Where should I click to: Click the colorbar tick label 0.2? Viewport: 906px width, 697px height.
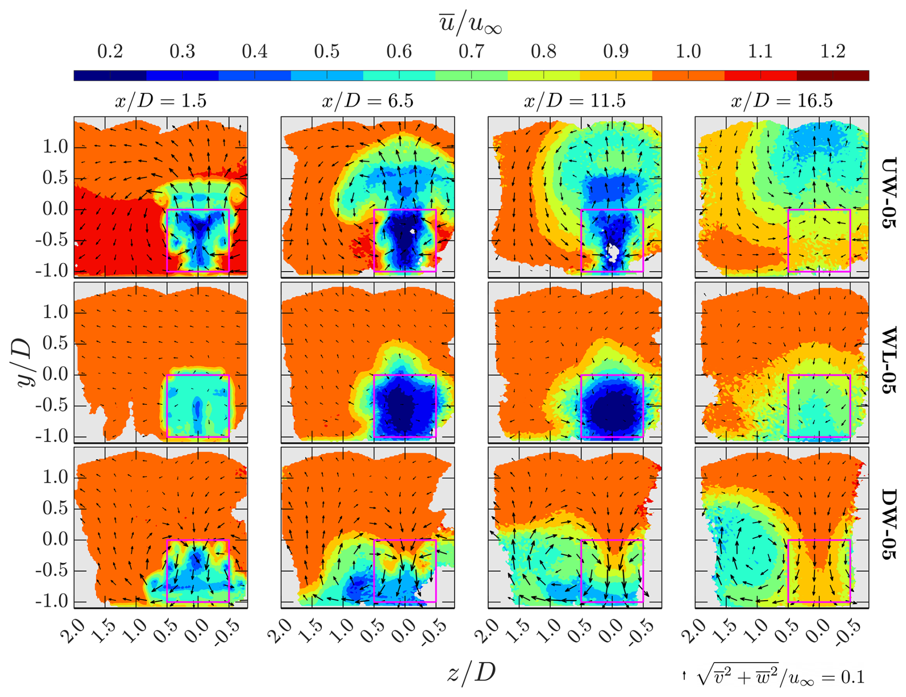pyautogui.click(x=110, y=52)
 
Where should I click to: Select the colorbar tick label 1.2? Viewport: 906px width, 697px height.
pyautogui.click(x=833, y=52)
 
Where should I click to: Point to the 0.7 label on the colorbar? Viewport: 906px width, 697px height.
pyautogui.click(x=471, y=52)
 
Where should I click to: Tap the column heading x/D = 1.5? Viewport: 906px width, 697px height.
pyautogui.click(x=161, y=101)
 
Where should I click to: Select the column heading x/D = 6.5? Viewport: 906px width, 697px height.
pyautogui.click(x=367, y=101)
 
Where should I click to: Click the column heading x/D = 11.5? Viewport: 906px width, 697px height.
pyautogui.click(x=575, y=101)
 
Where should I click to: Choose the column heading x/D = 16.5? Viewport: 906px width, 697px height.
pyautogui.click(x=781, y=101)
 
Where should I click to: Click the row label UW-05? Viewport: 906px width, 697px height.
pyautogui.click(x=888, y=193)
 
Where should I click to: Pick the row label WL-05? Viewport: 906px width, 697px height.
pyautogui.click(x=888, y=360)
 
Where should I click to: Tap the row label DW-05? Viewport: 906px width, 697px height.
pyautogui.click(x=888, y=525)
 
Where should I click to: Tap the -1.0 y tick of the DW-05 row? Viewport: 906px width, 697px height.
pyautogui.click(x=52, y=602)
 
